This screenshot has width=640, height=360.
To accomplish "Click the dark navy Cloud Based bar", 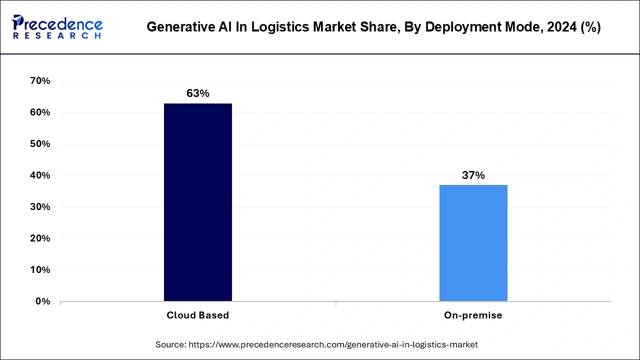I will (197, 202).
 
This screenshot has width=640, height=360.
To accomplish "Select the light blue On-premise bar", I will (473, 243).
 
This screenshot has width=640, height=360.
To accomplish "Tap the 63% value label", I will (197, 93).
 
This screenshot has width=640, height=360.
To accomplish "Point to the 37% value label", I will (473, 175).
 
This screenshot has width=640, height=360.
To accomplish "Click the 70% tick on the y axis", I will (40, 81).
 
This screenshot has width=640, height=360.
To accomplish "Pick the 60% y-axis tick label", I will (40, 112).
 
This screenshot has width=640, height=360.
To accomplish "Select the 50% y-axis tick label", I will (40, 144).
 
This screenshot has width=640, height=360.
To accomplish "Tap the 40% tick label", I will (40, 175).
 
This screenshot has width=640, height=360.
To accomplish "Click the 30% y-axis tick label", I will (40, 207).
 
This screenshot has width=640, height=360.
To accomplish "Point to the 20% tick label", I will (40, 238).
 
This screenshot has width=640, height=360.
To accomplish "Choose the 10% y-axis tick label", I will (40, 270).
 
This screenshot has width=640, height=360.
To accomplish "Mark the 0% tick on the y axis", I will (42, 301).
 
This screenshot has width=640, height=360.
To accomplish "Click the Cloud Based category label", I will (197, 315).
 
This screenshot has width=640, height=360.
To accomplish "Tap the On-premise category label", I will (473, 315).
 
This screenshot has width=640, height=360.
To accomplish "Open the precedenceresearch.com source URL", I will (332, 344).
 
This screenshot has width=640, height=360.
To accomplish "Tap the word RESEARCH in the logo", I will (57, 36).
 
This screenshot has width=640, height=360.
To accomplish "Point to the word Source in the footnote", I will (170, 344).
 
